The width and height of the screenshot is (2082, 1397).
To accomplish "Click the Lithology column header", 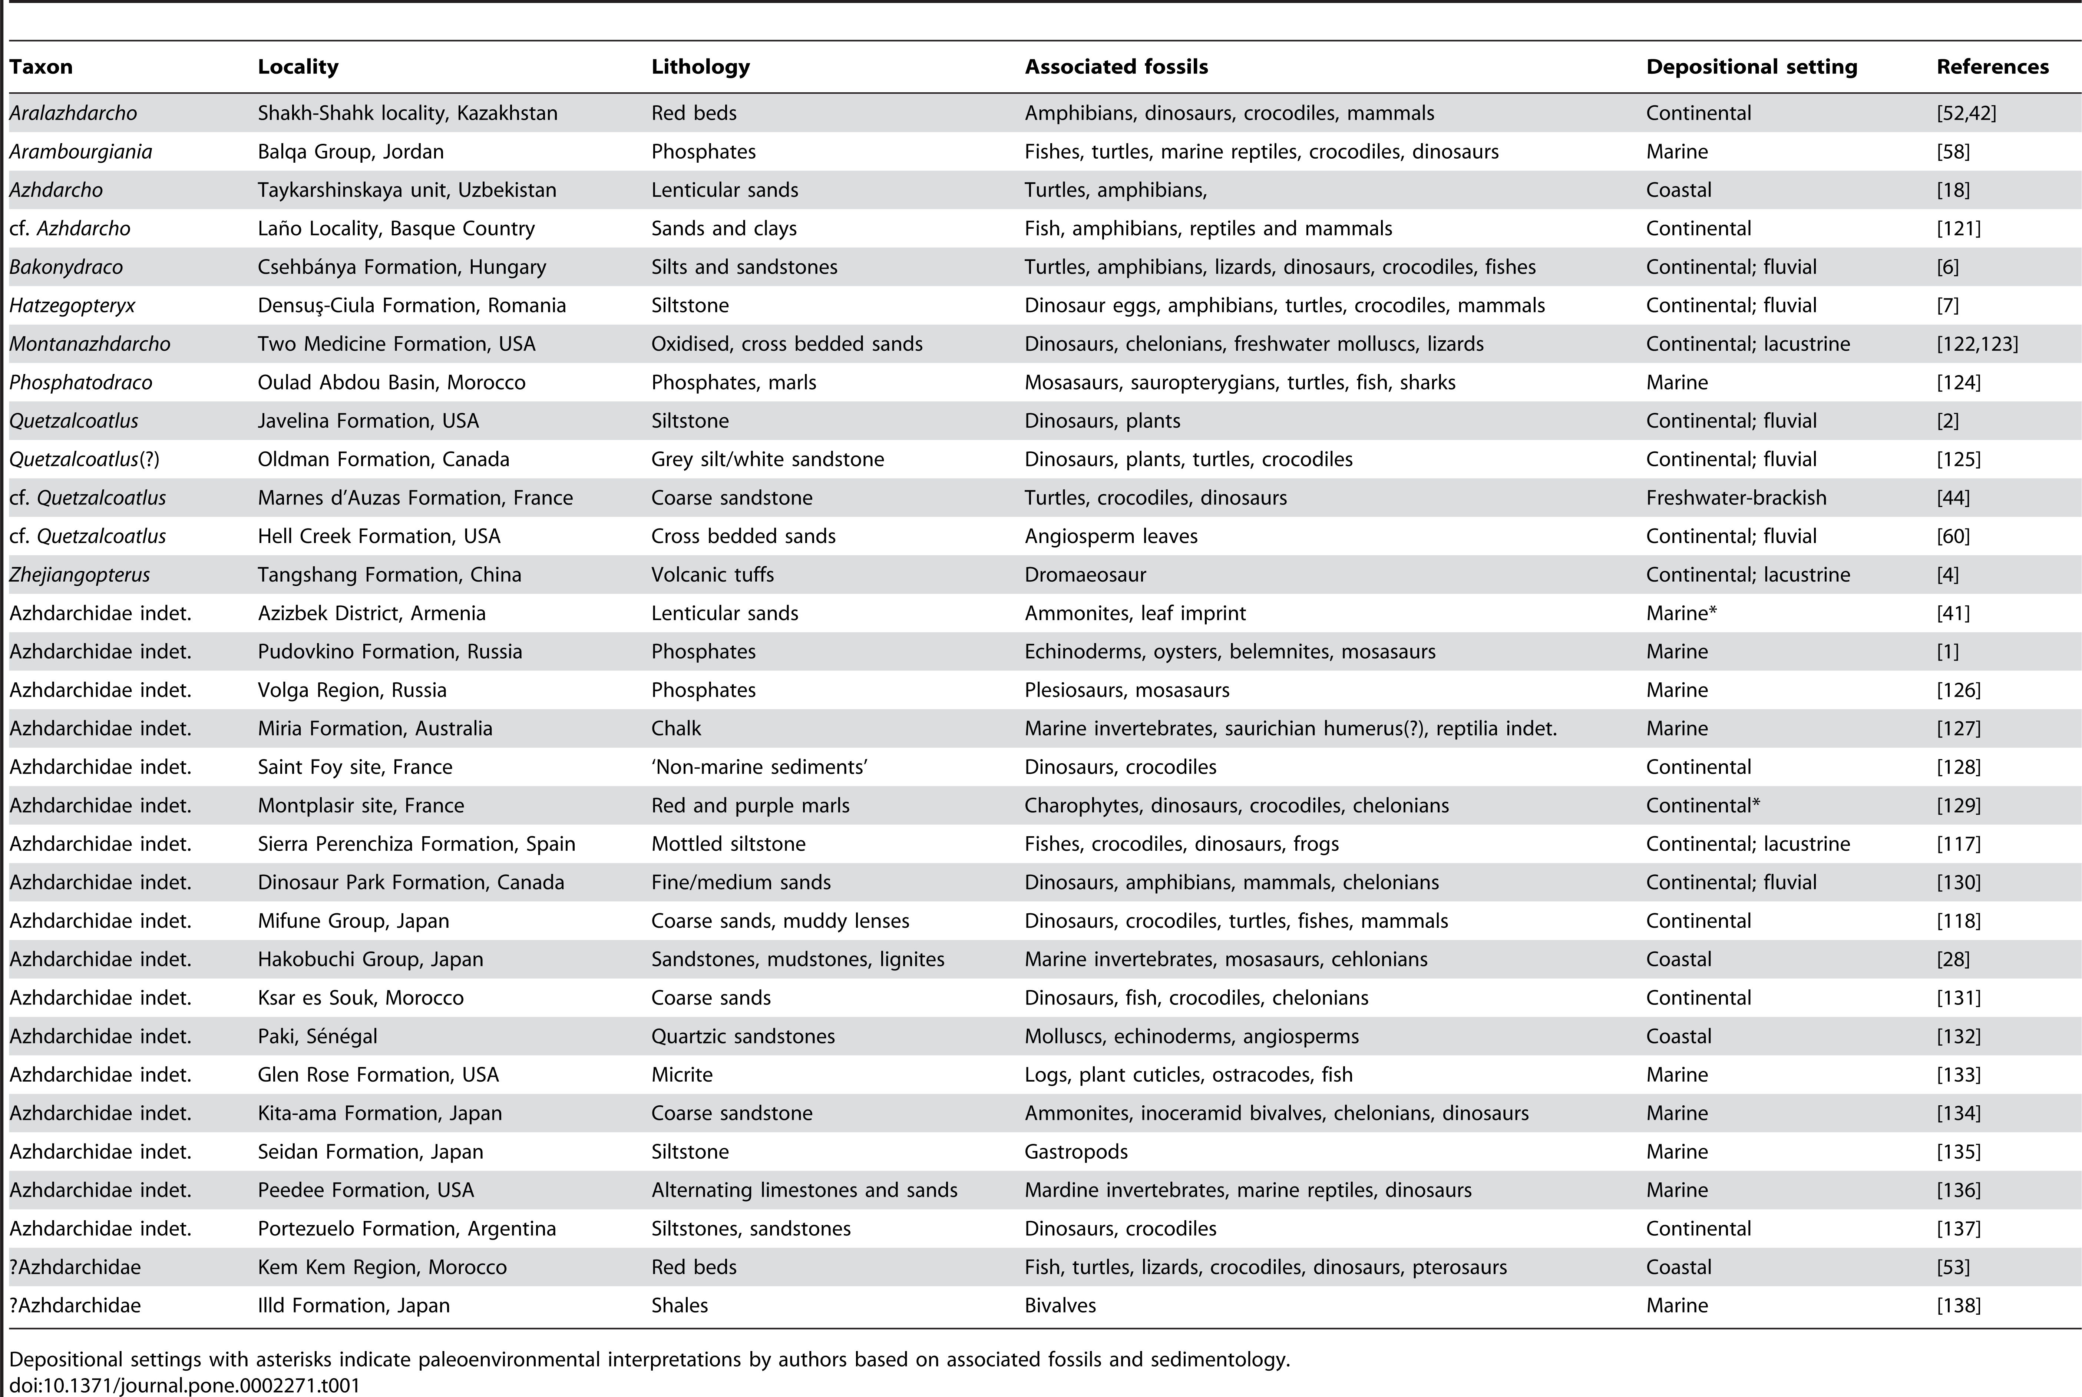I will click(x=700, y=67).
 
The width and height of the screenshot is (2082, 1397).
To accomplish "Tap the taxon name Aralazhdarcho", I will click(x=73, y=113).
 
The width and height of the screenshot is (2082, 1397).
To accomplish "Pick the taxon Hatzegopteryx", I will click(x=72, y=305).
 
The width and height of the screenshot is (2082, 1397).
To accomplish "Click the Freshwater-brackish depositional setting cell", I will click(x=1735, y=498).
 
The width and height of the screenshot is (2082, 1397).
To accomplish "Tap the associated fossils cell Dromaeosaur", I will click(x=1084, y=575).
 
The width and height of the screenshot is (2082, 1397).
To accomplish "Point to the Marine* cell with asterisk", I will click(x=1681, y=613).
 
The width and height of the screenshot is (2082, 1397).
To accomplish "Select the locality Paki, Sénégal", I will click(x=317, y=1036).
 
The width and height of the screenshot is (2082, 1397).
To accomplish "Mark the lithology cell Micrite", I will click(x=681, y=1075).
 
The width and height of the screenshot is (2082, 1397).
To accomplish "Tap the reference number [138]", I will click(x=1958, y=1305).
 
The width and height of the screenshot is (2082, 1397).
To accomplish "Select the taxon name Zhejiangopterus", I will click(x=79, y=575).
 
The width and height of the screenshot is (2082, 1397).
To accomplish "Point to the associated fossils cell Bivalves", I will click(x=1060, y=1305).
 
